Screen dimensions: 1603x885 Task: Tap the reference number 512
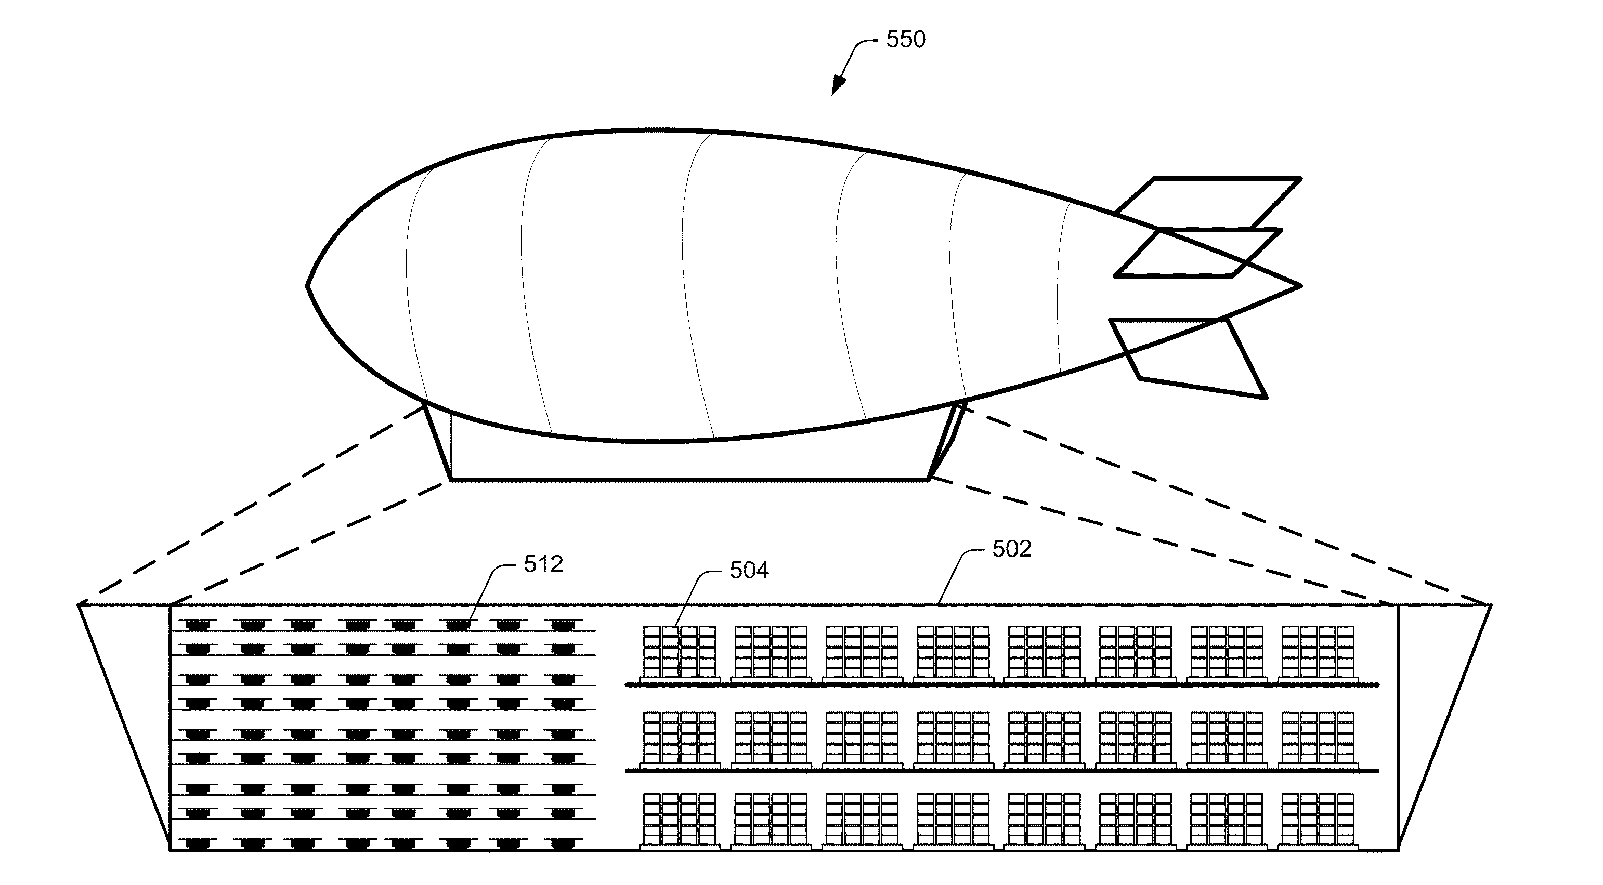pyautogui.click(x=543, y=564)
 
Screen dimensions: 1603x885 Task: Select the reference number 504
pyautogui.click(x=749, y=570)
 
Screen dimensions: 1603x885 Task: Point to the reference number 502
pyautogui.click(x=1012, y=549)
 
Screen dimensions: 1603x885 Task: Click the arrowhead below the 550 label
pyautogui.click(x=838, y=85)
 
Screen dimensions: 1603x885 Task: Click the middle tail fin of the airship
pyautogui.click(x=1198, y=253)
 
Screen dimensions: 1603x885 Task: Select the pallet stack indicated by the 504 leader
pyautogui.click(x=679, y=654)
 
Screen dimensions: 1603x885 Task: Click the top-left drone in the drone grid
pyautogui.click(x=197, y=624)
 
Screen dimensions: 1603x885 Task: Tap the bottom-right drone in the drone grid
pyautogui.click(x=563, y=844)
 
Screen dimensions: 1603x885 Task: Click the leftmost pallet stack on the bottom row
pyautogui.click(x=679, y=821)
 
